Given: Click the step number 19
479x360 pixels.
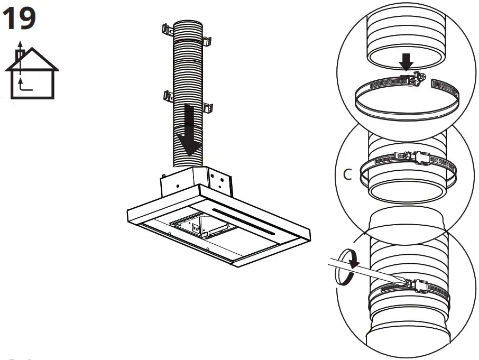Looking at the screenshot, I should point(20,19).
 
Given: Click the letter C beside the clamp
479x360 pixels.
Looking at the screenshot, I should point(347,175).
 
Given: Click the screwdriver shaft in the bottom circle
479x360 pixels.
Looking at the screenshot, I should point(365,270).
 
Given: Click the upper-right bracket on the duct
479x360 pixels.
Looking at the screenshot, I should point(207,41).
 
